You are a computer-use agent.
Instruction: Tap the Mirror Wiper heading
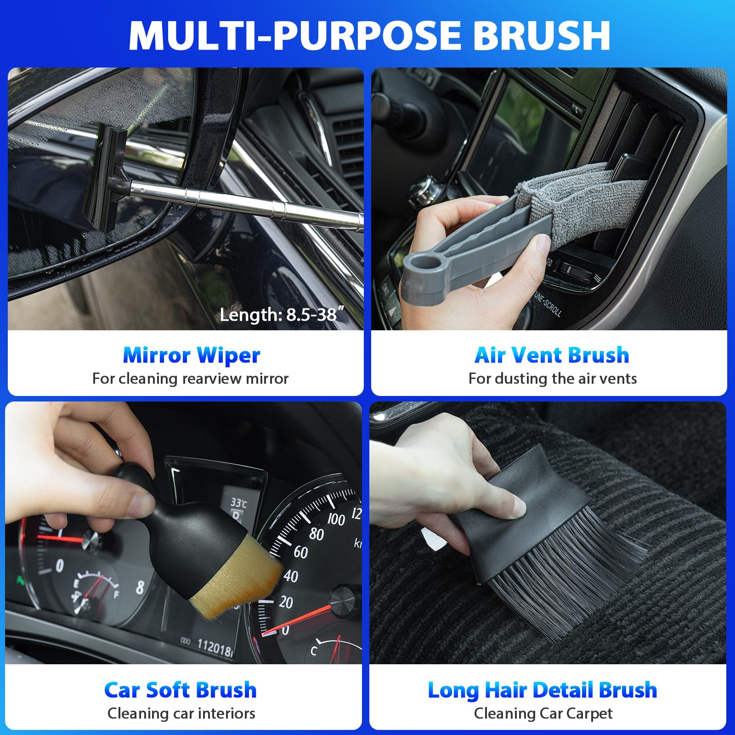(191, 355)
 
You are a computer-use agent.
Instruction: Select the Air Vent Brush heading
(551, 355)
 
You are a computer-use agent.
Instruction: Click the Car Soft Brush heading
(180, 690)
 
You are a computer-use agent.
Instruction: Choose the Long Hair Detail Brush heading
(543, 690)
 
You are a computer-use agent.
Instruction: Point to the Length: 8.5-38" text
(282, 315)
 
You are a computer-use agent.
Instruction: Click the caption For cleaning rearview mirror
(190, 379)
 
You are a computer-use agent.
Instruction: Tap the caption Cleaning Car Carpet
(543, 713)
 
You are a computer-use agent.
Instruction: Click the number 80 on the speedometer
(316, 534)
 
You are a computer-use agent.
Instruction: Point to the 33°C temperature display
(238, 503)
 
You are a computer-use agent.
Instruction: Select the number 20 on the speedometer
(286, 602)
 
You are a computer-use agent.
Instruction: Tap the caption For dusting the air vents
(552, 379)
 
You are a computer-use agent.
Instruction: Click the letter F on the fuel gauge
(117, 594)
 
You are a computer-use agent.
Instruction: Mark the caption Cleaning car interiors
(181, 713)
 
